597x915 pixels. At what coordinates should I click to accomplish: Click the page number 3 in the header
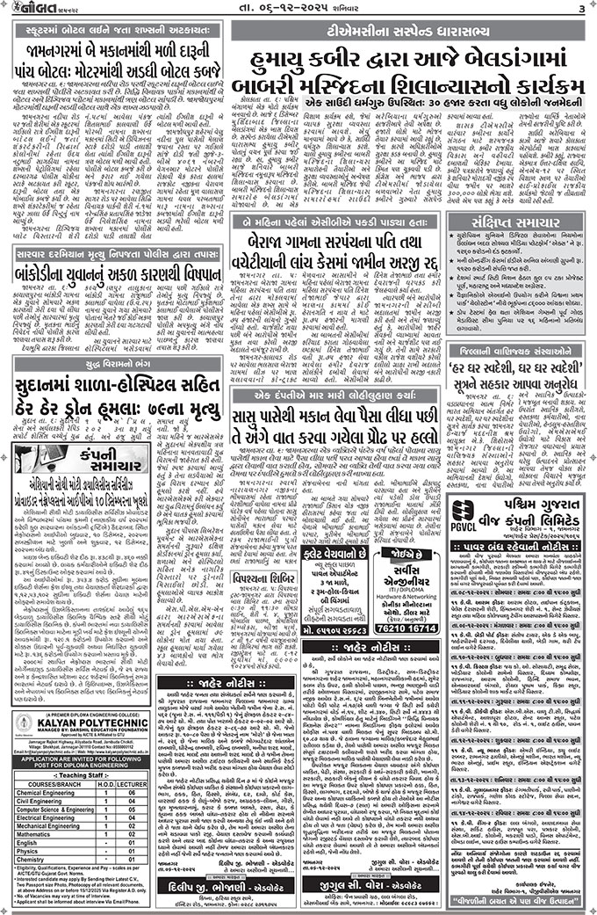582,9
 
